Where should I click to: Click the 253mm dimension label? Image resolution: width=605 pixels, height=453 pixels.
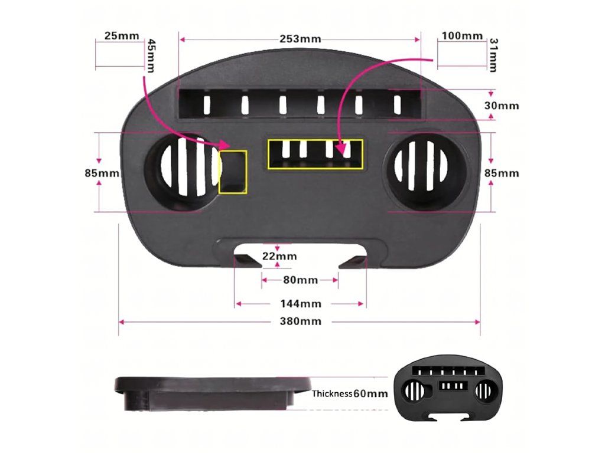click(300, 40)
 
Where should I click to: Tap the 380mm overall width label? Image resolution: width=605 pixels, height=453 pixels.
click(300, 321)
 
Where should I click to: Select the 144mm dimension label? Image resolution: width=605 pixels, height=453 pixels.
click(300, 304)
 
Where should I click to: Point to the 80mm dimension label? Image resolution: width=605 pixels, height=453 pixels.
click(300, 280)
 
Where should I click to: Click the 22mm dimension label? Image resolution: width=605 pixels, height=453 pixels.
click(279, 257)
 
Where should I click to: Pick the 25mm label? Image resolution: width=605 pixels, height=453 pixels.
click(121, 35)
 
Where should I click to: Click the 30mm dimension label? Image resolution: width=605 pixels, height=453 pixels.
click(502, 106)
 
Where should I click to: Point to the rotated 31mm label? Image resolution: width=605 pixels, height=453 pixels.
click(494, 55)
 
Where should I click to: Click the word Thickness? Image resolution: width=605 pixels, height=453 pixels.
click(332, 393)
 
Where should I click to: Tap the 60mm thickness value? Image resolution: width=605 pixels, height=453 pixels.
click(370, 393)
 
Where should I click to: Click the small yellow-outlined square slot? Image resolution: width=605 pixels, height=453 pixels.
click(233, 172)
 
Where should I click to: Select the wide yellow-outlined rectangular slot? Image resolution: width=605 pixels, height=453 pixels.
click(315, 155)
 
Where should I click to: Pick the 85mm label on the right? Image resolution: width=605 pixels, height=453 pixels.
click(502, 173)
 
